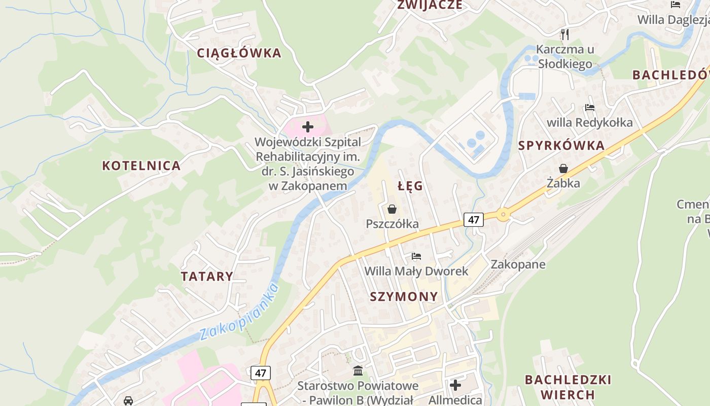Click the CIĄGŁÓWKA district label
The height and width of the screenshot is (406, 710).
coord(239,53)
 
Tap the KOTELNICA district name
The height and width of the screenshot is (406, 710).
coord(141,165)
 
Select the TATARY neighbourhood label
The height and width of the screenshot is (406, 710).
coord(207,277)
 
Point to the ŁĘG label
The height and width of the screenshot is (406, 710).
coord(410,186)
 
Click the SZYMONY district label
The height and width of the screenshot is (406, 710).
coord(404,297)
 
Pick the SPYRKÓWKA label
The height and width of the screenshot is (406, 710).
coord(561,146)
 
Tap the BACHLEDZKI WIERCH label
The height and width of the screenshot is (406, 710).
coord(568,387)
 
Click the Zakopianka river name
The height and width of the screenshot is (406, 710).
coord(239,312)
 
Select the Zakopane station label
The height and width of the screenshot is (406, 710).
coord(518,264)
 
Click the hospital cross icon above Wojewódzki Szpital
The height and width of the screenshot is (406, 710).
coord(308,127)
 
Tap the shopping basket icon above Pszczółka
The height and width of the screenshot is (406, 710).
coord(392,209)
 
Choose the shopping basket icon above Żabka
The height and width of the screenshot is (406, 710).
coord(563,168)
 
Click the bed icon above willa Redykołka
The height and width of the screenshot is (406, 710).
coord(589,108)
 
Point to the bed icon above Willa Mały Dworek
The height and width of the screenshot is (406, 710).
coord(416,256)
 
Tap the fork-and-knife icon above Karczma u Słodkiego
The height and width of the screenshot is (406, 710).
coord(565,34)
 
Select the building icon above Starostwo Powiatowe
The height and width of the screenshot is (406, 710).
coord(358,370)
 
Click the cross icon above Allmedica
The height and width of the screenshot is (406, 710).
coord(455,385)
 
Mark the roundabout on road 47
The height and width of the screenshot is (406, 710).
coord(503,214)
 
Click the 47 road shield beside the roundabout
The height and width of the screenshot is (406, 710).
coord(474,220)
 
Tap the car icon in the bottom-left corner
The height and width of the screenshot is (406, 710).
coord(128,400)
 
